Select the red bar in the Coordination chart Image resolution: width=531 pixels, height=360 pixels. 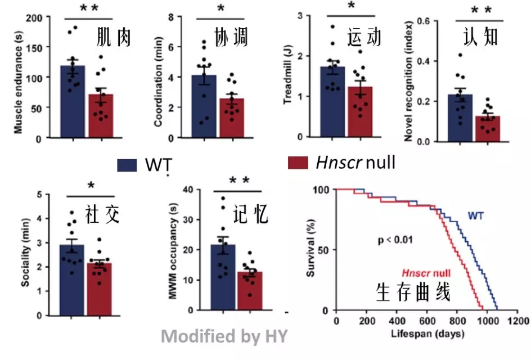[232, 119]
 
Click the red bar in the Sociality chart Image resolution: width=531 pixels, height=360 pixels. [99, 287]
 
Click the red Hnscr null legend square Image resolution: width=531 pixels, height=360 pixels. [298, 163]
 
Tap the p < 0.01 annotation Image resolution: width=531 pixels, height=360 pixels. [395, 240]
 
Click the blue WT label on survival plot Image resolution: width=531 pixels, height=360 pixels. [476, 215]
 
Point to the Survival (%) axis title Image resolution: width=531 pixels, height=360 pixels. [311, 249]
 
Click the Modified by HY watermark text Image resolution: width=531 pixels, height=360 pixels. [224, 336]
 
